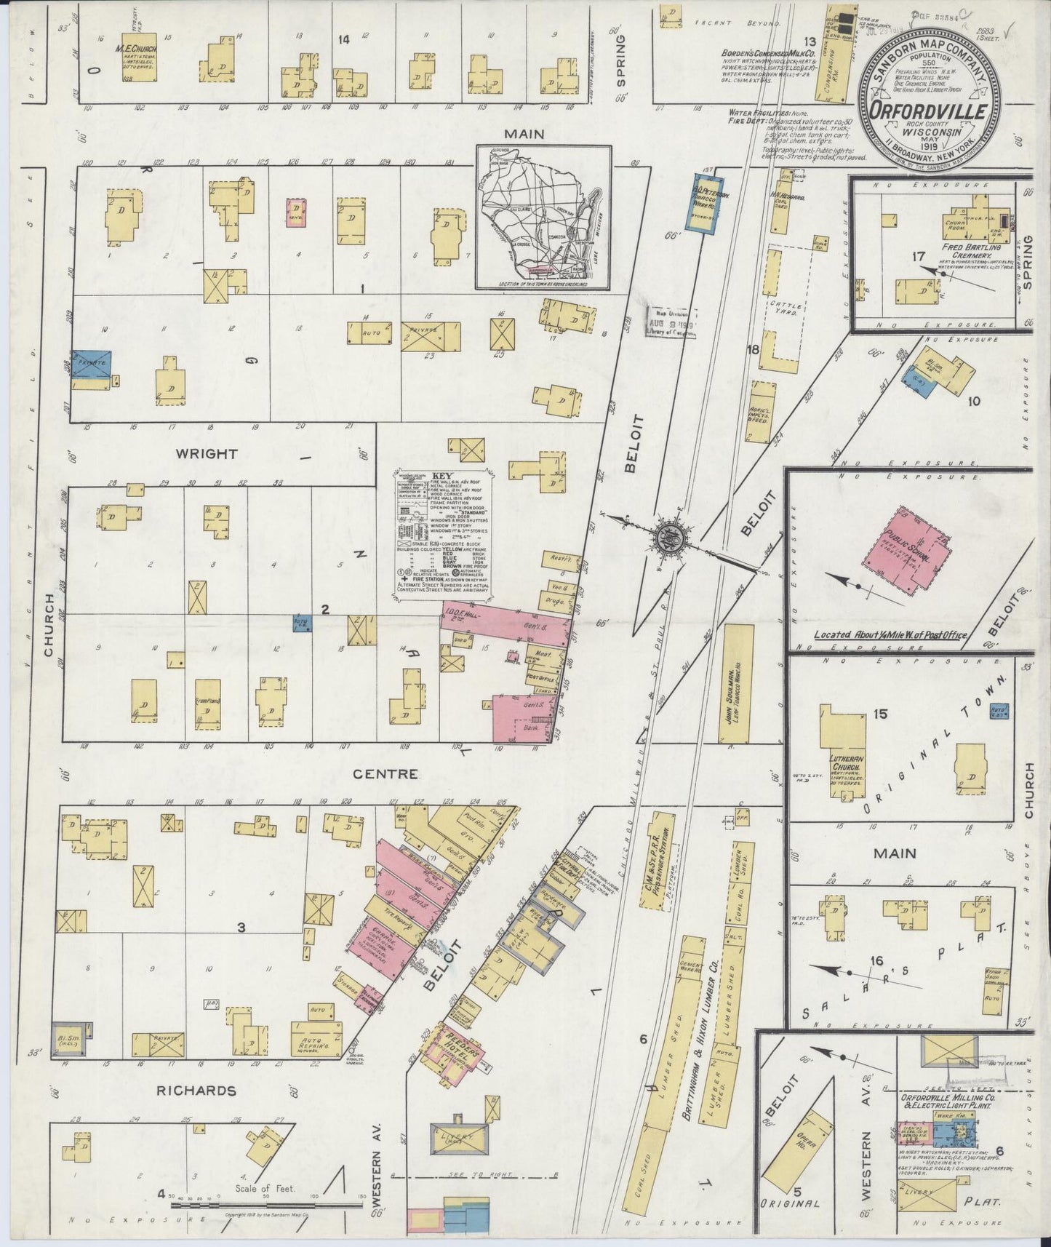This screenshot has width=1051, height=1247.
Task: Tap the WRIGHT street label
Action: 207,453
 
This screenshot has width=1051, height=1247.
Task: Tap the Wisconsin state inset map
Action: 543,216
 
